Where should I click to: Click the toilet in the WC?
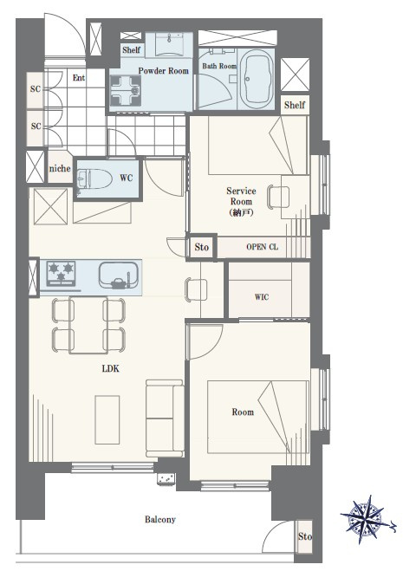pos(94,178)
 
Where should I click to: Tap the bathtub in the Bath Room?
pos(257,79)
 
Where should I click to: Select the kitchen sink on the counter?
pos(119,275)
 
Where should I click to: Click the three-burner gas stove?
pos(61,273)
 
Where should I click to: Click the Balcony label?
pos(160,519)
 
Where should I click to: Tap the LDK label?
pos(111,368)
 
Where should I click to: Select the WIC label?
pos(262,297)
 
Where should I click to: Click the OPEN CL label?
pos(262,247)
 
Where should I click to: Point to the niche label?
pos(60,169)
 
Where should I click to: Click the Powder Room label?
pos(164,71)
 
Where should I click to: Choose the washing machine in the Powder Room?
pos(126,90)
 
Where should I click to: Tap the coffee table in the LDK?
pos(107,419)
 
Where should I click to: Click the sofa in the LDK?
pos(165,418)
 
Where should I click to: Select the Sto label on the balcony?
pos(304,536)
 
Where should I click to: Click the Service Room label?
pos(241,201)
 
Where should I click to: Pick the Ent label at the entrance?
pos(79,78)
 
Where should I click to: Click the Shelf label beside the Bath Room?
pos(295,105)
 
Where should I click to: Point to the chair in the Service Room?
pos(278,197)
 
